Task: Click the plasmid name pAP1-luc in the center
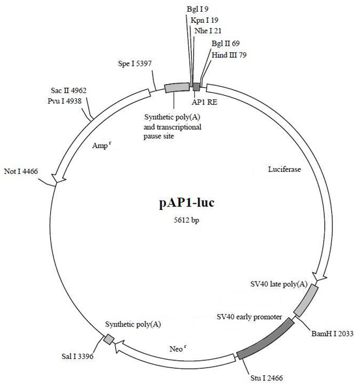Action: click(187, 203)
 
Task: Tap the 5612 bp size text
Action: click(187, 220)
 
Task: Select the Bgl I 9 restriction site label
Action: click(198, 9)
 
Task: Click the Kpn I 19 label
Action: click(204, 20)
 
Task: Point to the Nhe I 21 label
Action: click(208, 31)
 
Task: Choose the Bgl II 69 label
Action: click(226, 44)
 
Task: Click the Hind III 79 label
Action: click(229, 55)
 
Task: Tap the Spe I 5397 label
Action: click(134, 64)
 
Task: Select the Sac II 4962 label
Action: click(68, 91)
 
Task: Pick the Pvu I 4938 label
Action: click(65, 101)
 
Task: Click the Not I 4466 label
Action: click(21, 171)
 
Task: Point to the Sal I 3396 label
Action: click(78, 356)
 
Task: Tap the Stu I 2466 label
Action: click(267, 378)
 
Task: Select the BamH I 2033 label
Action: click(333, 334)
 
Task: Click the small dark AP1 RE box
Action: click(196, 87)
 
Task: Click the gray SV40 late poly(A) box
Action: click(306, 300)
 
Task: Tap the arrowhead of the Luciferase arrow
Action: click(320, 276)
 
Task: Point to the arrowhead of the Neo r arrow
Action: click(119, 347)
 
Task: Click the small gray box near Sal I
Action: click(109, 339)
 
